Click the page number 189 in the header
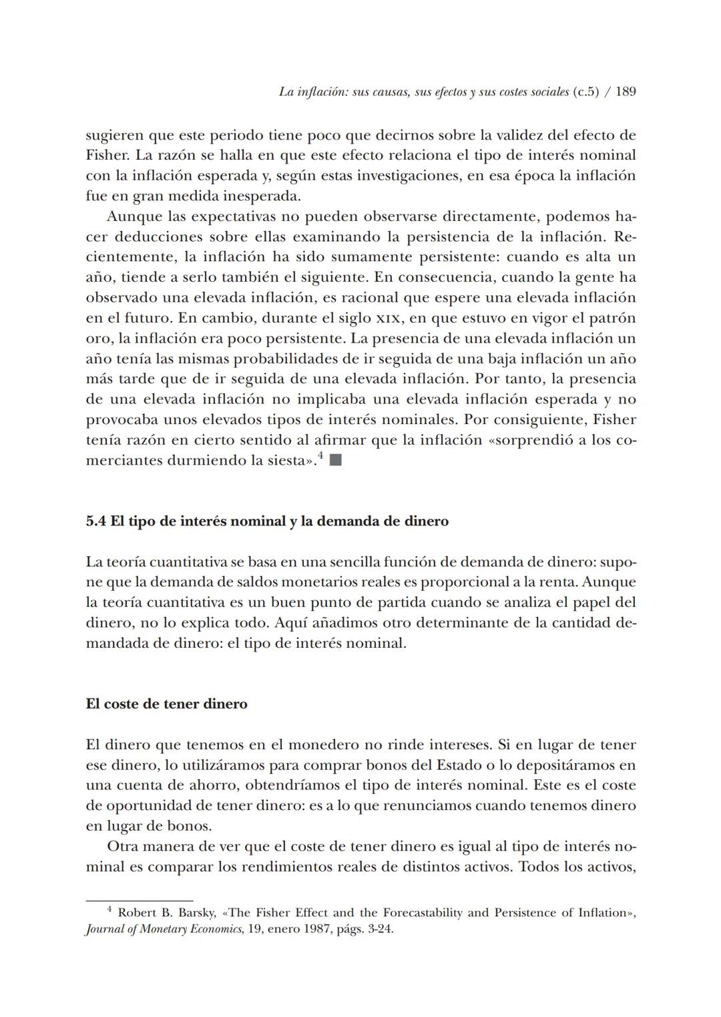point(626,92)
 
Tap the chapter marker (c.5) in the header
point(585,92)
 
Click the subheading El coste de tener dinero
point(166,704)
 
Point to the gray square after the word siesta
point(336,460)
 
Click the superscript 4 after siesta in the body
point(320,457)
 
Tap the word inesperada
point(258,196)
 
